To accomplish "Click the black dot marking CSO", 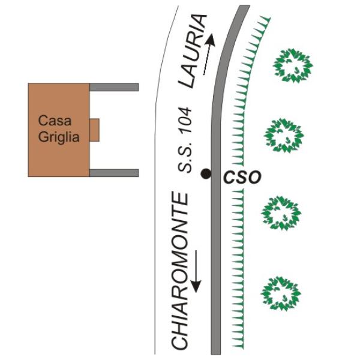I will [206, 174].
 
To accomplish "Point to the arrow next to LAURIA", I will [209, 56].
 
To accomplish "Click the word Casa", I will [52, 121].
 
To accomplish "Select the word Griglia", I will [59, 136].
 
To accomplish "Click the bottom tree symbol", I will [280, 293].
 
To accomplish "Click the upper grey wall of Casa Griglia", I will [114, 87].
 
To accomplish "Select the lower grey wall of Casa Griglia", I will [114, 173].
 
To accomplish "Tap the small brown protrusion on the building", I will [94, 130].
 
